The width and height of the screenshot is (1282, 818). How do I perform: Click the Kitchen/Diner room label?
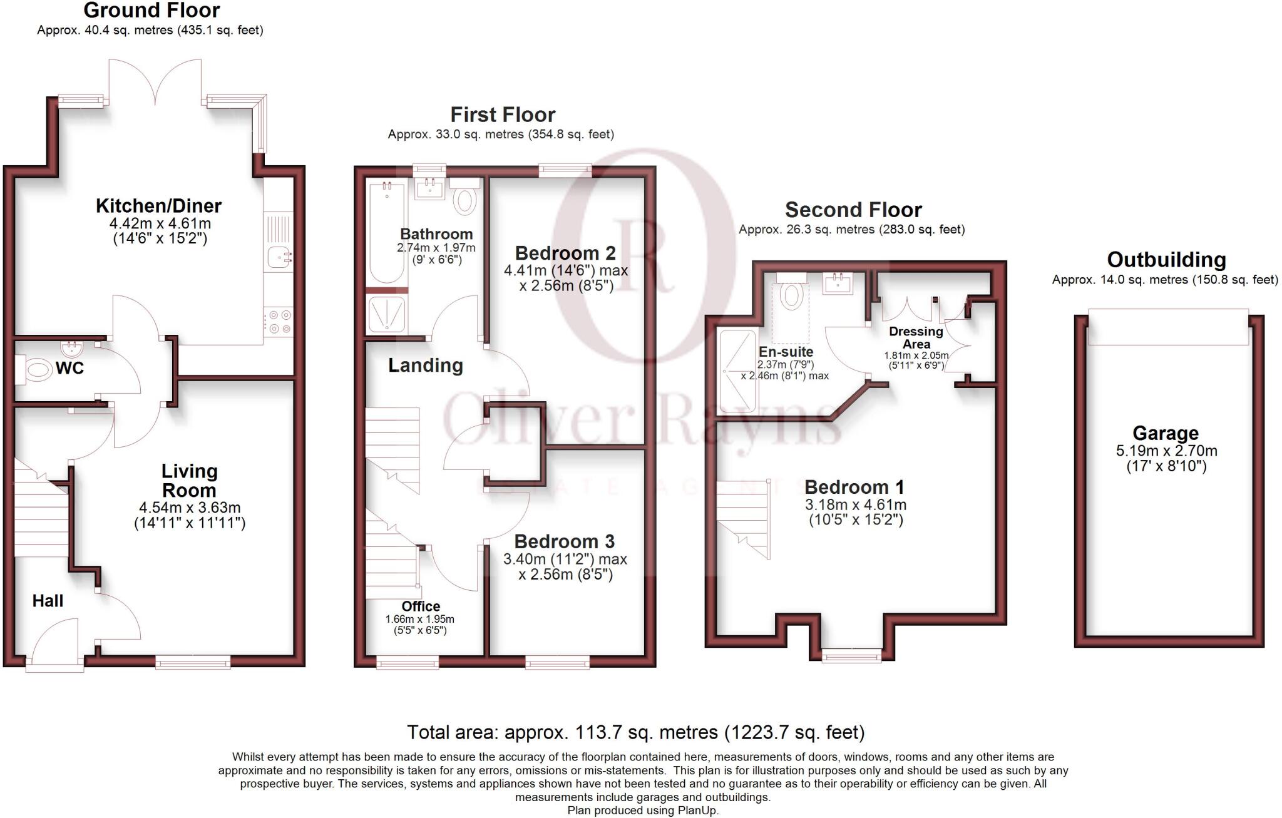(158, 206)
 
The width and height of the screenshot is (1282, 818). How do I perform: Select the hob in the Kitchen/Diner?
(279, 322)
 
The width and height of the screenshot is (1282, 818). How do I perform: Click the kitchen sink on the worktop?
(279, 256)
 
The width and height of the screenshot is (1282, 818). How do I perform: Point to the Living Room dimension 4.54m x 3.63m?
(190, 508)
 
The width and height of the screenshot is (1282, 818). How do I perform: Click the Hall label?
(48, 601)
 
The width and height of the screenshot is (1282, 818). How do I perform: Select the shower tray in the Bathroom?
(386, 314)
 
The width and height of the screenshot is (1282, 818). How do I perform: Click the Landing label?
(426, 366)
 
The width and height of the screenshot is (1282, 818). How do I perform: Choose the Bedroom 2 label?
(565, 253)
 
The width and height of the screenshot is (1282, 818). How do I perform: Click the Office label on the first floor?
(421, 606)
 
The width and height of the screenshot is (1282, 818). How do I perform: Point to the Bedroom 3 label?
(565, 541)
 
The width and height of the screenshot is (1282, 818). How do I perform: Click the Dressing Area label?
(916, 337)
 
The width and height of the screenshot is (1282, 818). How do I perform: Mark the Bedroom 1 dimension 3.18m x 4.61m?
(855, 504)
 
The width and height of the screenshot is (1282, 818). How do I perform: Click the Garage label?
(1166, 433)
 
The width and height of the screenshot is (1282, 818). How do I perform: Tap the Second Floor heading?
(853, 210)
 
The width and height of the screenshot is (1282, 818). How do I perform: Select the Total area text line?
(635, 732)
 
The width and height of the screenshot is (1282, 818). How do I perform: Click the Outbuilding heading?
(1166, 260)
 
